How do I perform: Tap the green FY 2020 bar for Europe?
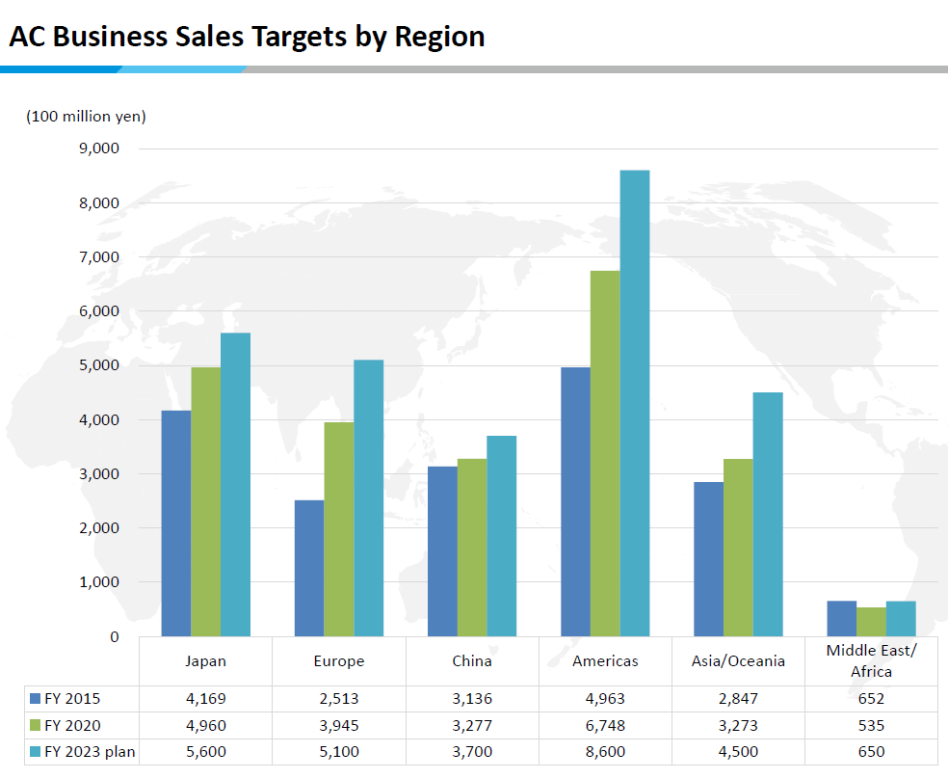click(339, 529)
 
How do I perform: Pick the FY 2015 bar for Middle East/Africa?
click(842, 619)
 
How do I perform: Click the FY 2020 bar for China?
click(472, 548)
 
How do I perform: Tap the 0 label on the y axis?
click(115, 636)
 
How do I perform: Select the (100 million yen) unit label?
click(86, 117)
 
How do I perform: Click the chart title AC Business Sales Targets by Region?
click(247, 37)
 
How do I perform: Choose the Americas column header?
click(605, 661)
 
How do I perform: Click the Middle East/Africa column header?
click(872, 660)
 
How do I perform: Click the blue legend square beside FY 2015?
click(36, 699)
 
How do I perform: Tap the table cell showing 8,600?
click(605, 752)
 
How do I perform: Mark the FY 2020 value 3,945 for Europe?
click(339, 726)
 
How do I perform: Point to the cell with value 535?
click(872, 726)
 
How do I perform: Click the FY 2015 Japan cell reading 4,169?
click(206, 699)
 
